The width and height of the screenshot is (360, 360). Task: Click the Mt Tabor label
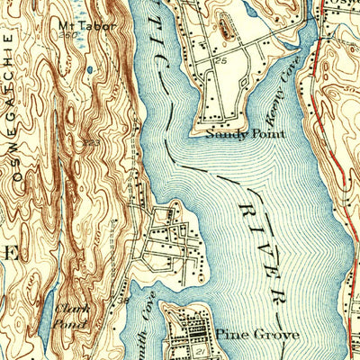(85, 25)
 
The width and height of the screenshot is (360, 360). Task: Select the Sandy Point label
(245, 133)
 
